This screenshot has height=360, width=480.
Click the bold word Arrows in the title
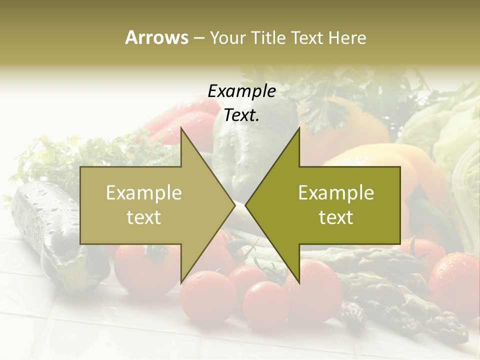click(156, 38)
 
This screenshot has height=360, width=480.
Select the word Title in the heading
click(267, 38)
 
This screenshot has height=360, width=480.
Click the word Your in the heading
click(227, 38)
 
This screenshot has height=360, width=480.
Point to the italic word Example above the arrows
click(241, 91)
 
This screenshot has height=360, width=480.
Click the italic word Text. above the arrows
click(241, 115)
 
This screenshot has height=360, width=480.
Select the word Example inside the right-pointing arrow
click(144, 193)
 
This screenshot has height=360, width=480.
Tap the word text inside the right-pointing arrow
click(144, 217)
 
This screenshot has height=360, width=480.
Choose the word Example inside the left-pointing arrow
click(336, 193)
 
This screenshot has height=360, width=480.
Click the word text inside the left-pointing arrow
click(336, 217)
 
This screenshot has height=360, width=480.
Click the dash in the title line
click(198, 38)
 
